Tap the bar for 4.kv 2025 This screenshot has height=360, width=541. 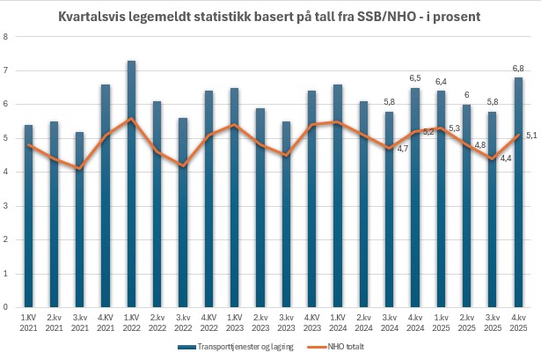[x=519, y=194]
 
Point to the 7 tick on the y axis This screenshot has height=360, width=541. [x=6, y=70]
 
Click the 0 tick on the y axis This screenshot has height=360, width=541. [x=6, y=308]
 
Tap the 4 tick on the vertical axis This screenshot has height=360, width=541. [x=6, y=173]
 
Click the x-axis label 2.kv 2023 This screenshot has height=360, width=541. [x=260, y=323]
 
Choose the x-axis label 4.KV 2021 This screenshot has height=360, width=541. [x=106, y=323]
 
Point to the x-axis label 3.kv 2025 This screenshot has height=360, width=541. [x=493, y=323]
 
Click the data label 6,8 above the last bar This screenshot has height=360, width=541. [x=519, y=68]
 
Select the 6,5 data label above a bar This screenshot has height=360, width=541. [x=415, y=78]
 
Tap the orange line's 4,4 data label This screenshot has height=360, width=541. [x=505, y=158]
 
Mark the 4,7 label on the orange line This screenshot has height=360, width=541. [x=403, y=149]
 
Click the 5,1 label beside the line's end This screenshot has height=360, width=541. [x=531, y=135]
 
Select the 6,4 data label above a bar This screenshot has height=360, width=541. [x=441, y=82]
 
